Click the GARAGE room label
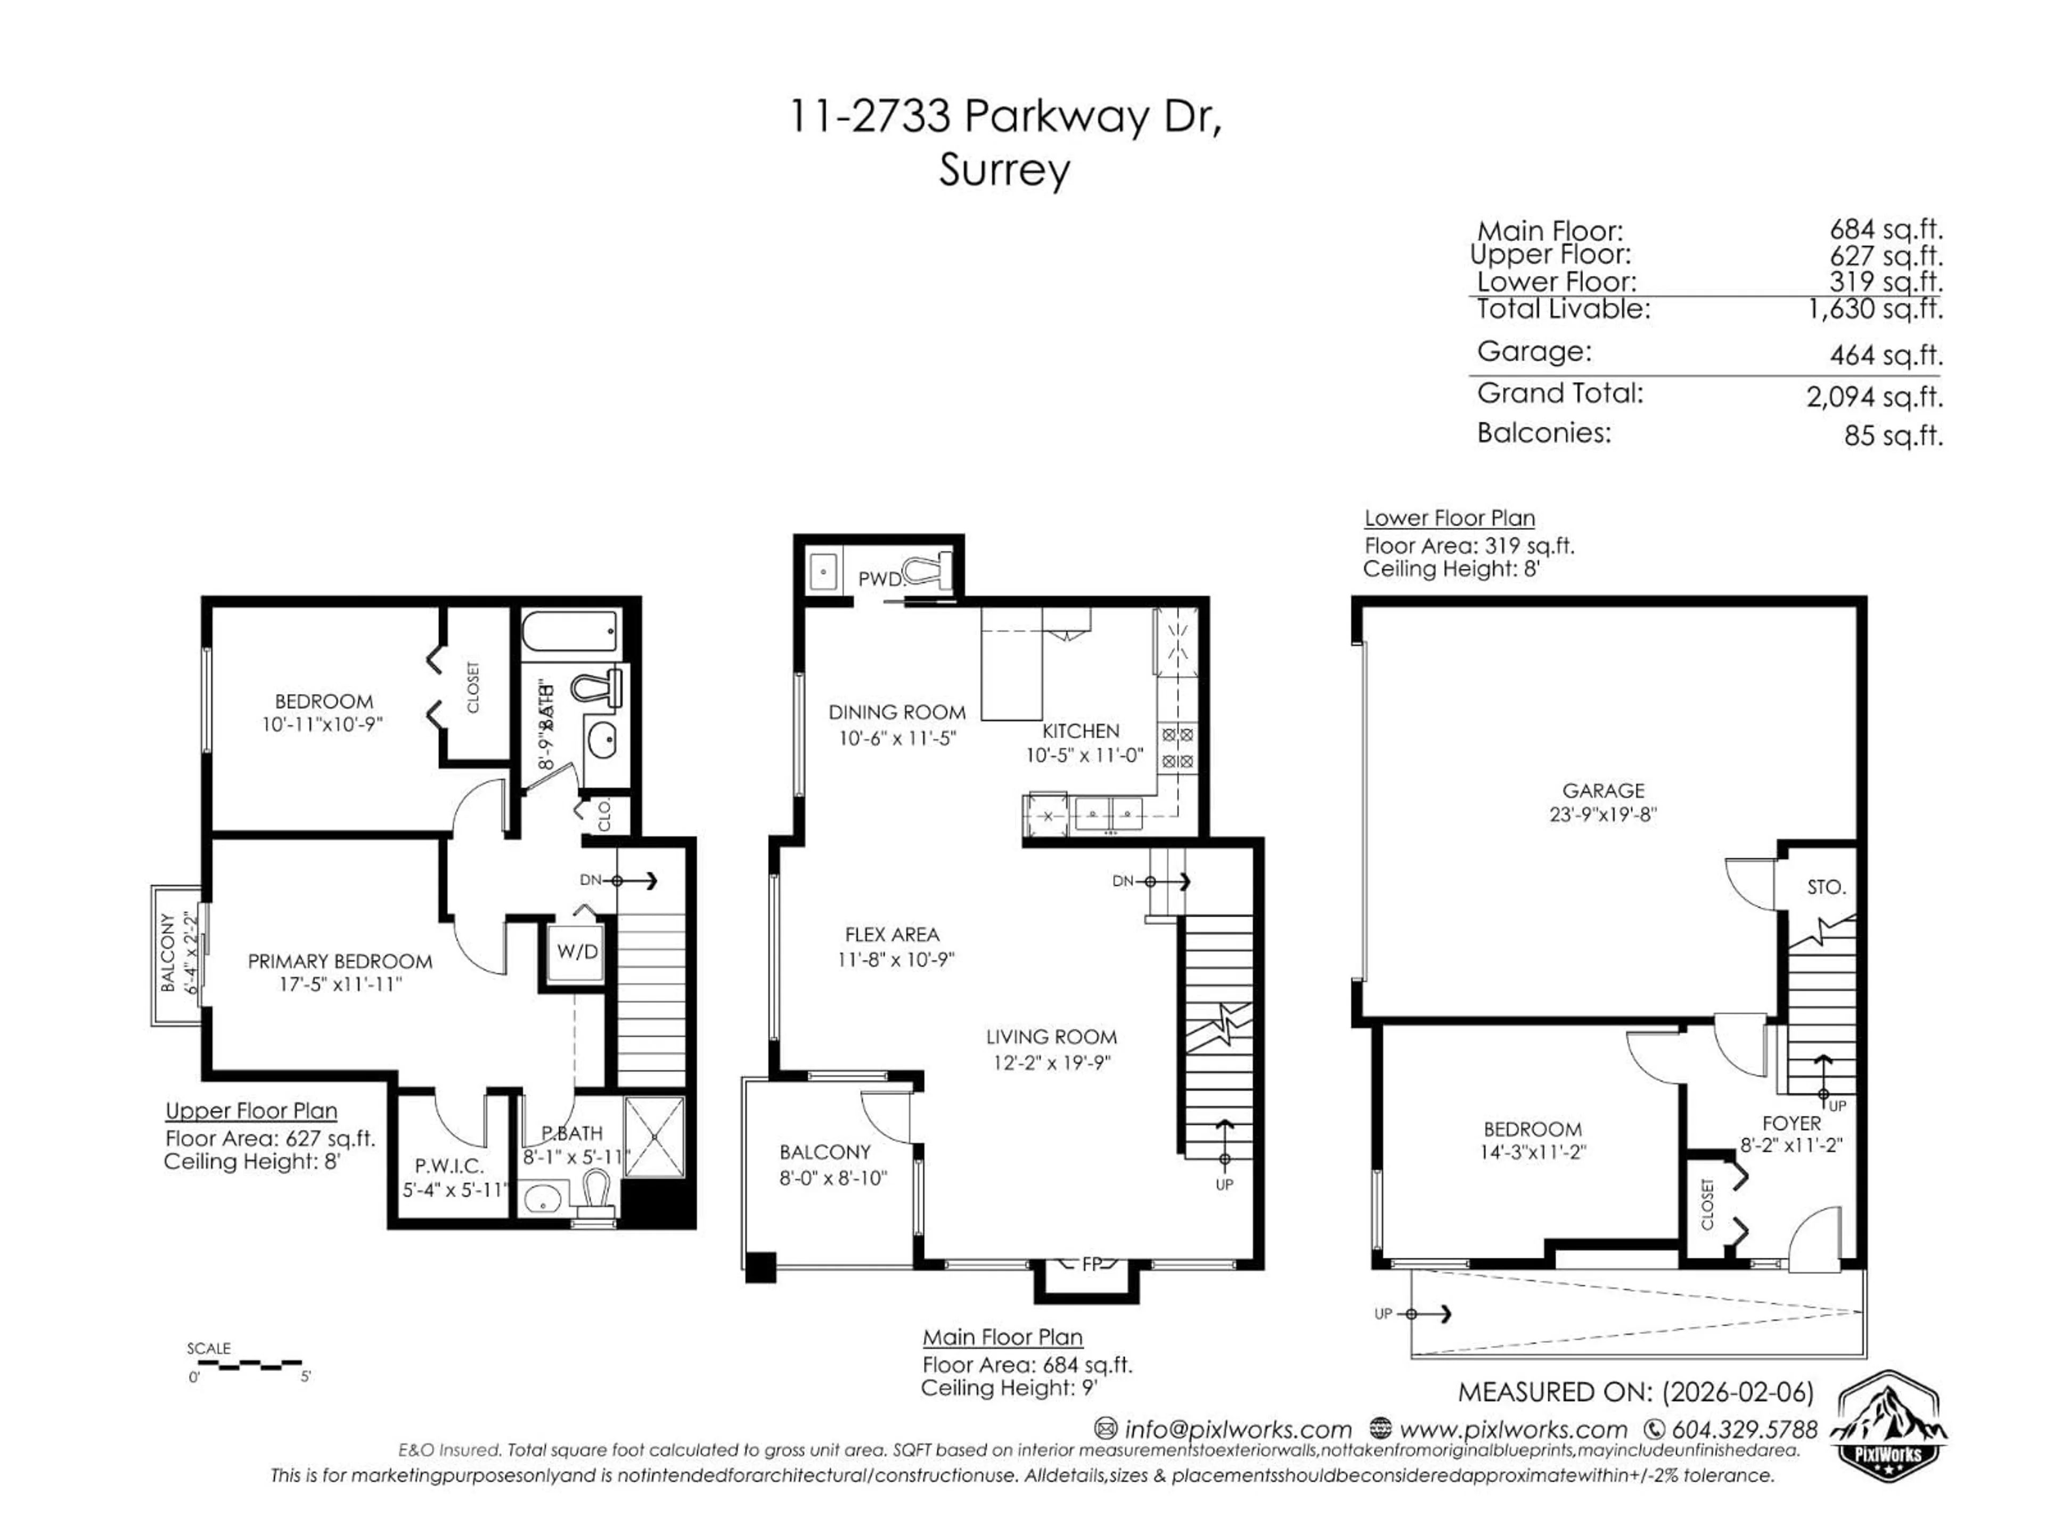[x=1603, y=790]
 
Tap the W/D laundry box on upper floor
[x=577, y=951]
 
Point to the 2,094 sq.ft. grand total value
[x=1874, y=397]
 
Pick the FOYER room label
[x=1792, y=1123]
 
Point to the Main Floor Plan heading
[x=1002, y=1337]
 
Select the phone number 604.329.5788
[x=1743, y=1430]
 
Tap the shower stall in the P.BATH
[x=653, y=1137]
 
